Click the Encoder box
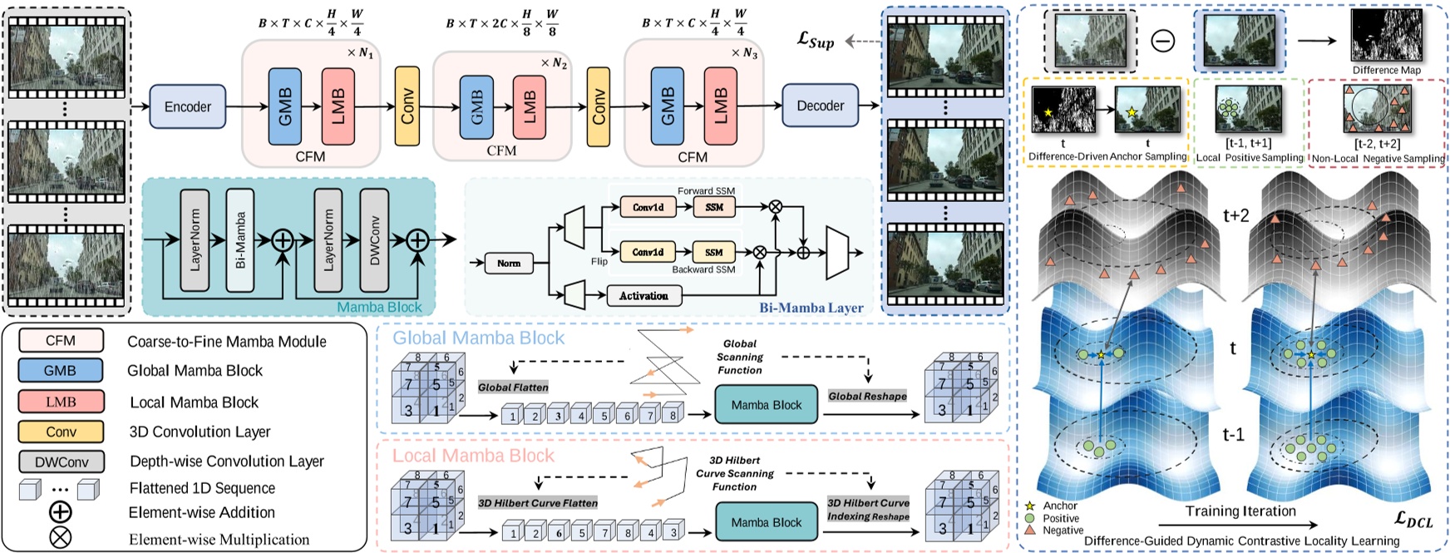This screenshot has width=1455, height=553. coord(188,106)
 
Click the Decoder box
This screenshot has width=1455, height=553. coord(820,106)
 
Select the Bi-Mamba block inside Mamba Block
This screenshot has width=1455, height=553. coord(240,239)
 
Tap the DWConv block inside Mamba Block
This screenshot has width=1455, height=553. coord(374,239)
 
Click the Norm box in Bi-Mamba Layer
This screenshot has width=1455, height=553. coord(509,263)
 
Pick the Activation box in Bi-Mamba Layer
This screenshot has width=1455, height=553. coord(644,295)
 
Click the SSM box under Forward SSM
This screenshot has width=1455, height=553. coord(714,207)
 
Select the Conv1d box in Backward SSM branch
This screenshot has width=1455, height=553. coord(648,252)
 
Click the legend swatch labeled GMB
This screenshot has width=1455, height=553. coord(61,371)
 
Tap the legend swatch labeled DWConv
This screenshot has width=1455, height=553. coord(62,462)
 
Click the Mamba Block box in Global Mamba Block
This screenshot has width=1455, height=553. coord(766,405)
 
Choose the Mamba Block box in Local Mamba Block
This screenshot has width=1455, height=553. coord(766,522)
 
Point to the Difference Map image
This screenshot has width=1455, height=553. coord(1386,36)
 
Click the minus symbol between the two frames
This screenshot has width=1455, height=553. coord(1162,41)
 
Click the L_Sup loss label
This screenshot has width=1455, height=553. coord(815,39)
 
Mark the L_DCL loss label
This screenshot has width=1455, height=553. coord(1413,521)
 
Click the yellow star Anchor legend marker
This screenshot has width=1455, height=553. coord(1029,506)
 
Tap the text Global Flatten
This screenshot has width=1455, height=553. coord(513,387)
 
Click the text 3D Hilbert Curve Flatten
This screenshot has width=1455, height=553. coord(537,503)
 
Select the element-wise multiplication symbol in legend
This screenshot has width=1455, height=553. coord(61,538)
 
